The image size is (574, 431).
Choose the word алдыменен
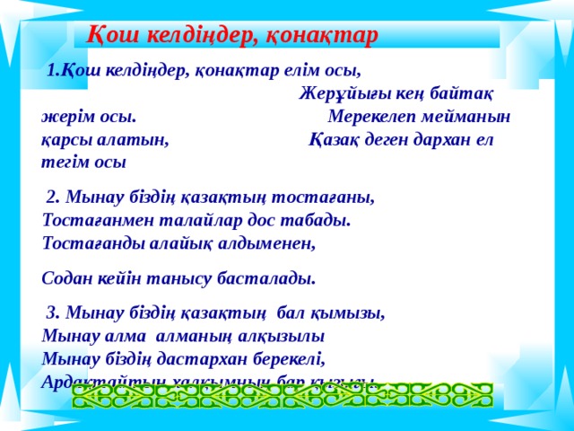tap(270, 242)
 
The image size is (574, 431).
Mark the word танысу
tap(180, 278)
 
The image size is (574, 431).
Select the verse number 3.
tap(52, 313)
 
